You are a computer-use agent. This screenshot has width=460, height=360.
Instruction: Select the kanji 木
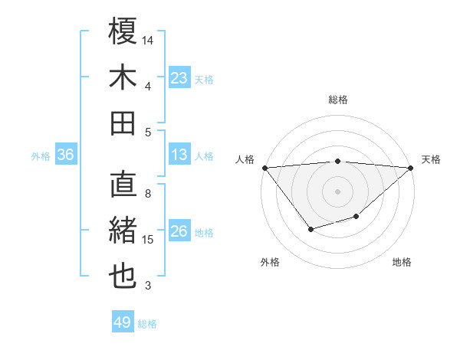(x=123, y=77)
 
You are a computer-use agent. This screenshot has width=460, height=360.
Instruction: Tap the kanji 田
(x=123, y=123)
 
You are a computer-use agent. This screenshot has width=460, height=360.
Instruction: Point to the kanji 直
(x=123, y=185)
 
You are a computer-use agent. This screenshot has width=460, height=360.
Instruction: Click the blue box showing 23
(x=179, y=77)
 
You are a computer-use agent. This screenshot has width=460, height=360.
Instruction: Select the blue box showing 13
(x=179, y=155)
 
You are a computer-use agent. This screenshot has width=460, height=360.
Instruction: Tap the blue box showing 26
(x=179, y=231)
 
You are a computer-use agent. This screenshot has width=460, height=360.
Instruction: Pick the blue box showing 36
(x=66, y=155)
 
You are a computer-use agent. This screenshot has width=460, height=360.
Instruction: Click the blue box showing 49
(x=123, y=322)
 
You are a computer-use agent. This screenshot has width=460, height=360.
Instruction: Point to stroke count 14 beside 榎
(x=148, y=39)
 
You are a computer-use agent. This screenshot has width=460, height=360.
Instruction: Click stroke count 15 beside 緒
(x=148, y=240)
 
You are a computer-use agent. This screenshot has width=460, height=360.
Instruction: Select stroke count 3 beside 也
(x=148, y=286)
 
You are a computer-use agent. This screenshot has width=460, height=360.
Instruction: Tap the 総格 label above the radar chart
(x=337, y=100)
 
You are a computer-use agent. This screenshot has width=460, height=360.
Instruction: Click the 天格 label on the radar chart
(x=431, y=159)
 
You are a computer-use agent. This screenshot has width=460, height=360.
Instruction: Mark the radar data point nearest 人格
(x=264, y=167)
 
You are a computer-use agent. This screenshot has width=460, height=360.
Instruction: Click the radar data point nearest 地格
(x=356, y=217)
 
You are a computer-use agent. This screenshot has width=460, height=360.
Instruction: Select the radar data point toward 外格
(x=310, y=229)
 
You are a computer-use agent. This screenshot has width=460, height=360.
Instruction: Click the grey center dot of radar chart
(x=337, y=191)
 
